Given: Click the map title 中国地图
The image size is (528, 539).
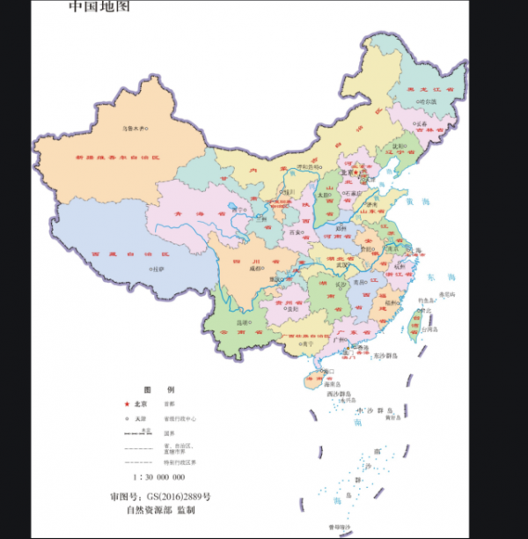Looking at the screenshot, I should pos(99,8).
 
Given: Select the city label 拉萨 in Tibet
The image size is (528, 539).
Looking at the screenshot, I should pos(158,269).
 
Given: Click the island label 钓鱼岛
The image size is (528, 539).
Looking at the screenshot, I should pos(429,300).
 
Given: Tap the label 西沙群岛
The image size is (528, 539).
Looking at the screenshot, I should pos(341,394).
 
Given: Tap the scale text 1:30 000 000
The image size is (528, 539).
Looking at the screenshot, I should pos(158,476).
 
